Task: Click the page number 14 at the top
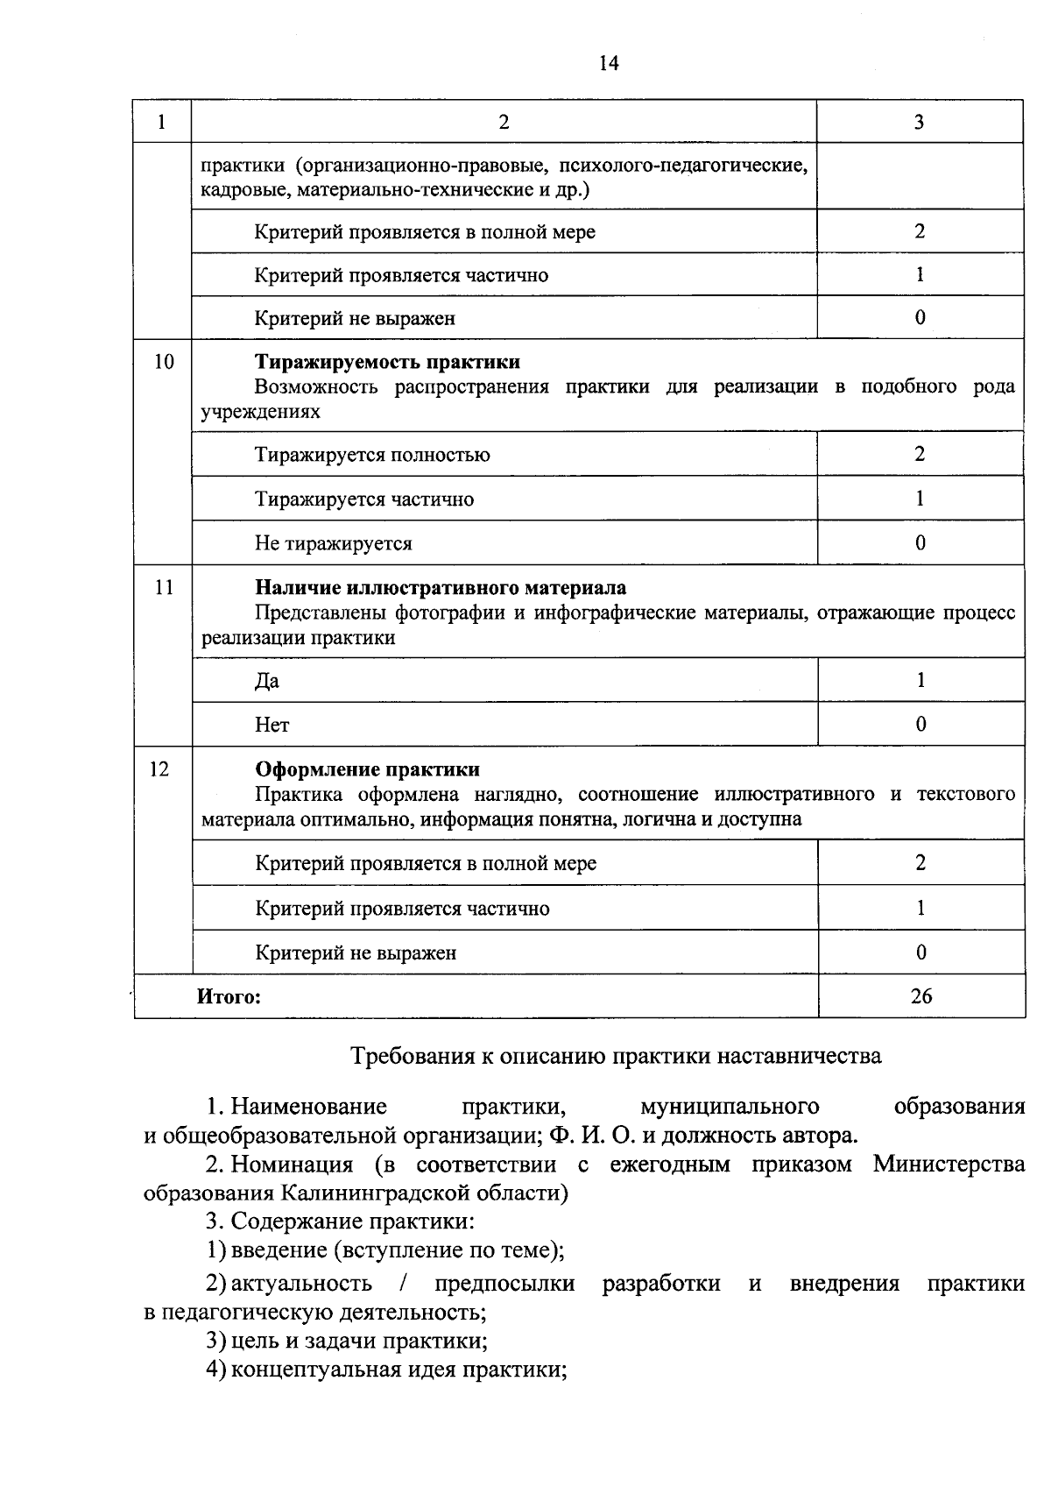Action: pos(609,63)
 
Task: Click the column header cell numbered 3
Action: pos(919,122)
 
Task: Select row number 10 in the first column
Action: pos(163,362)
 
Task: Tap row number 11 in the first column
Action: pos(163,587)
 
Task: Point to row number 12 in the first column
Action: pos(159,768)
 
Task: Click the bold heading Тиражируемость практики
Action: pos(387,362)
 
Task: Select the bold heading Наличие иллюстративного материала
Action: pos(440,587)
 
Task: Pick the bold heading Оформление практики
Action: pos(367,768)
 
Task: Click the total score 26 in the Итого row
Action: pos(921,996)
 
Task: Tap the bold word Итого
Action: pos(229,996)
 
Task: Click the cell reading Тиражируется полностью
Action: pos(372,455)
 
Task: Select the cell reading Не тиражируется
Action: pos(333,543)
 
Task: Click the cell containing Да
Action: pos(267,681)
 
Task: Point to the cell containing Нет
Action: pos(272,725)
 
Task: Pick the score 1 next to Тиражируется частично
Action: pos(920,499)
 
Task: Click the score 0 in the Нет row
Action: pos(921,724)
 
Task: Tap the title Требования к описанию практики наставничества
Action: pos(616,1055)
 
